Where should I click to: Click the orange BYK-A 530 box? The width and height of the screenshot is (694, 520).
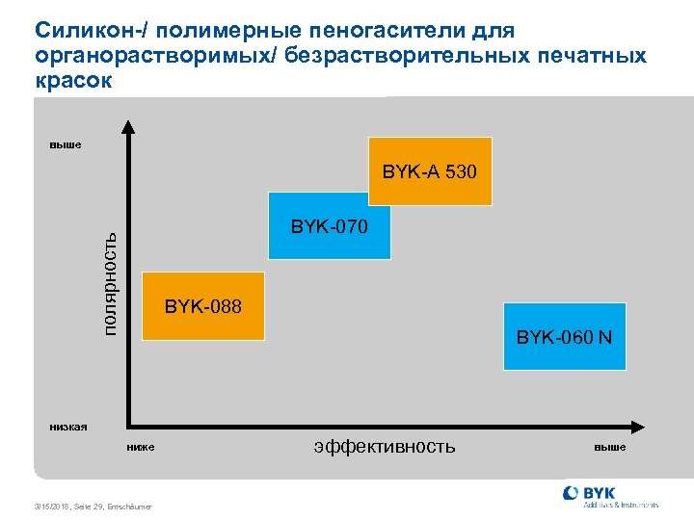[x=430, y=172]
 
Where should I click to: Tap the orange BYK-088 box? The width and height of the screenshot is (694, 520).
[x=203, y=306]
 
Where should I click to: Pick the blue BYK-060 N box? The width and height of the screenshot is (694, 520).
[x=564, y=337]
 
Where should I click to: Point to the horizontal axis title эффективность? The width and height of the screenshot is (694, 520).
[x=384, y=446]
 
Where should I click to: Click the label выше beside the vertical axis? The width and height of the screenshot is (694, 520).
[x=66, y=145]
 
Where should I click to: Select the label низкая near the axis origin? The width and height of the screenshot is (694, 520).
[x=68, y=425]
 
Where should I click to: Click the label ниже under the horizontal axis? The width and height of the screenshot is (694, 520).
[x=140, y=447]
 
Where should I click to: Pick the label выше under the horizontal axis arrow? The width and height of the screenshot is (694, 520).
[x=609, y=447]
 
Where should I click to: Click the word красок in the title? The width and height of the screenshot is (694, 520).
[x=73, y=80]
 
